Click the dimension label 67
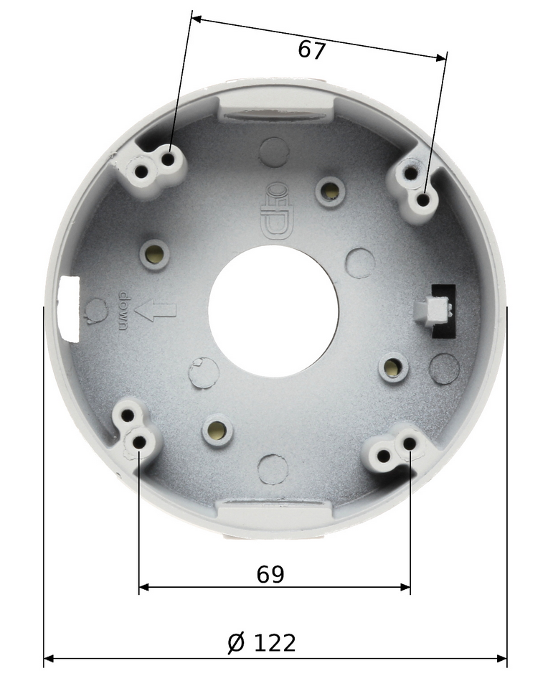coord(311,50)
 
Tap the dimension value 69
coord(270,574)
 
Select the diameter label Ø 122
coord(262,643)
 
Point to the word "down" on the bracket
coord(123,311)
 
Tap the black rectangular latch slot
coord(444,311)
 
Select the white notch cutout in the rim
coord(68,309)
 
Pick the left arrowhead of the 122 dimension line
coord(49,659)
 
